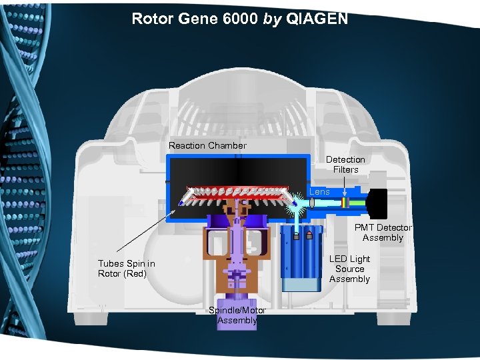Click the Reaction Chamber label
tap(207, 145)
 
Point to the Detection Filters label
tap(345, 165)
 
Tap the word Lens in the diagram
tap(319, 192)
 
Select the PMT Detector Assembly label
tap(383, 233)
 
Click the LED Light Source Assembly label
tap(349, 269)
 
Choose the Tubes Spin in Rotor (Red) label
tap(126, 269)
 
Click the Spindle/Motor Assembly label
tap(237, 315)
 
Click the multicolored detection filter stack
tap(344, 203)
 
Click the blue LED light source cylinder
tap(301, 260)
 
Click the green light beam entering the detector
tap(357, 203)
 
